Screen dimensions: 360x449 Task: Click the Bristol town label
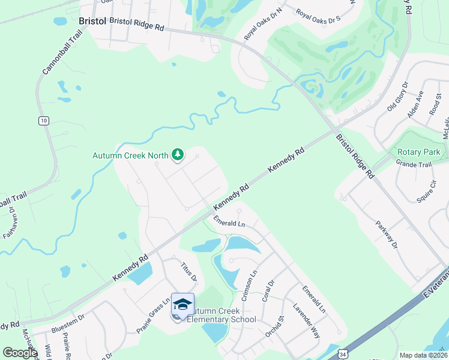click(x=92, y=21)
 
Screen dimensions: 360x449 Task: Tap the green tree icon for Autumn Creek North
click(x=178, y=155)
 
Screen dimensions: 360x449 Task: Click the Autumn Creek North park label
click(x=130, y=155)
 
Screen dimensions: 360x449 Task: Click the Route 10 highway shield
click(x=43, y=121)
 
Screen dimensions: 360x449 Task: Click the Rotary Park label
click(x=418, y=152)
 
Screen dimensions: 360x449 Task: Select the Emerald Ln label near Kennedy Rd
click(x=230, y=224)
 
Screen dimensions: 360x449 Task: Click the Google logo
click(x=19, y=353)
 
